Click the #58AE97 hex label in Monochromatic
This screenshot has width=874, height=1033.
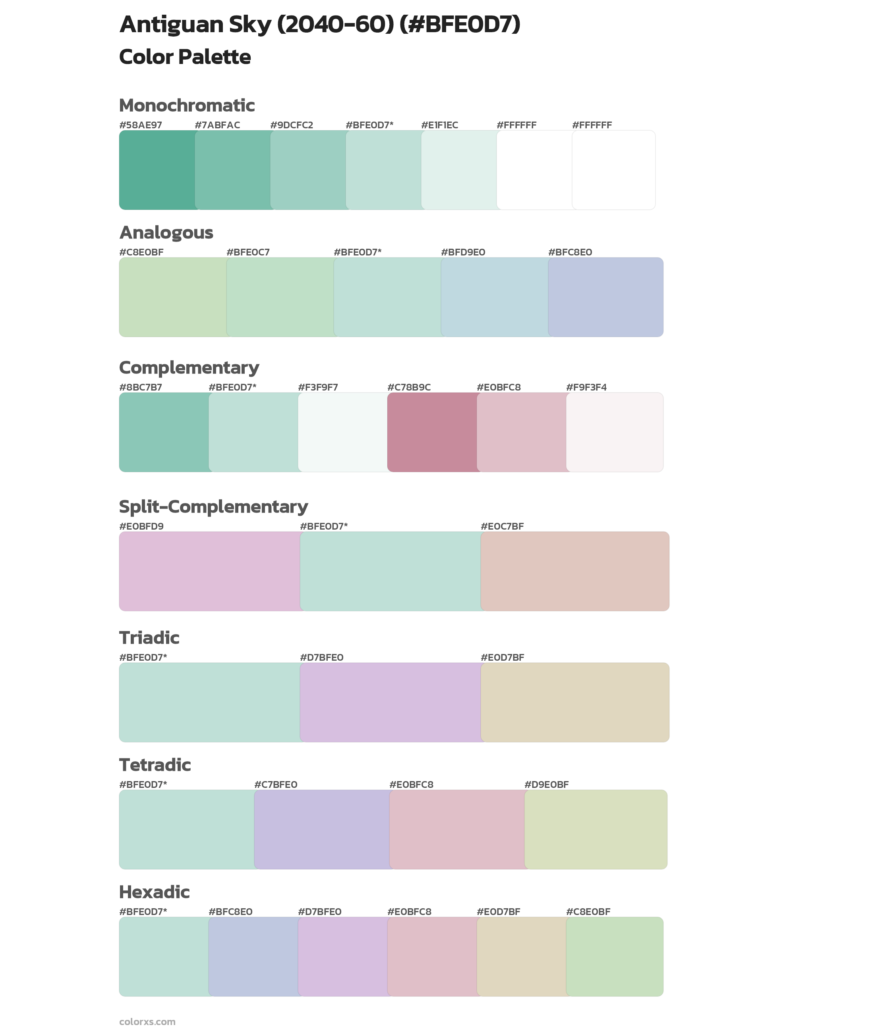coord(141,125)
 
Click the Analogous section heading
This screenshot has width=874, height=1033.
coord(166,232)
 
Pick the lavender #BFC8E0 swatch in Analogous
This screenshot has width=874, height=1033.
coord(605,297)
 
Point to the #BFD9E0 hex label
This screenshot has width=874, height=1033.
coord(463,252)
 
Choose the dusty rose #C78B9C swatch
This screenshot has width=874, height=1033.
coord(432,432)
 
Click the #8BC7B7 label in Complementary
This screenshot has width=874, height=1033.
coord(141,387)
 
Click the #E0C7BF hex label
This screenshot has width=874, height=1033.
coord(502,526)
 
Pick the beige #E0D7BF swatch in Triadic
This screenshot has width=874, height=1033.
coord(575,702)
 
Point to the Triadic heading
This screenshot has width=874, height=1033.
coord(149,638)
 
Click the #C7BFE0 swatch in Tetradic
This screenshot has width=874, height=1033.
coord(322,829)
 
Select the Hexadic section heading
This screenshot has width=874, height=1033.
coord(154,892)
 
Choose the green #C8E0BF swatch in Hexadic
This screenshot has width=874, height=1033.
coord(614,956)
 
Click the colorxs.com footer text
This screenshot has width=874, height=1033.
coord(147,1021)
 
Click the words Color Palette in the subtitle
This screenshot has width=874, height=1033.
coord(185,57)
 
